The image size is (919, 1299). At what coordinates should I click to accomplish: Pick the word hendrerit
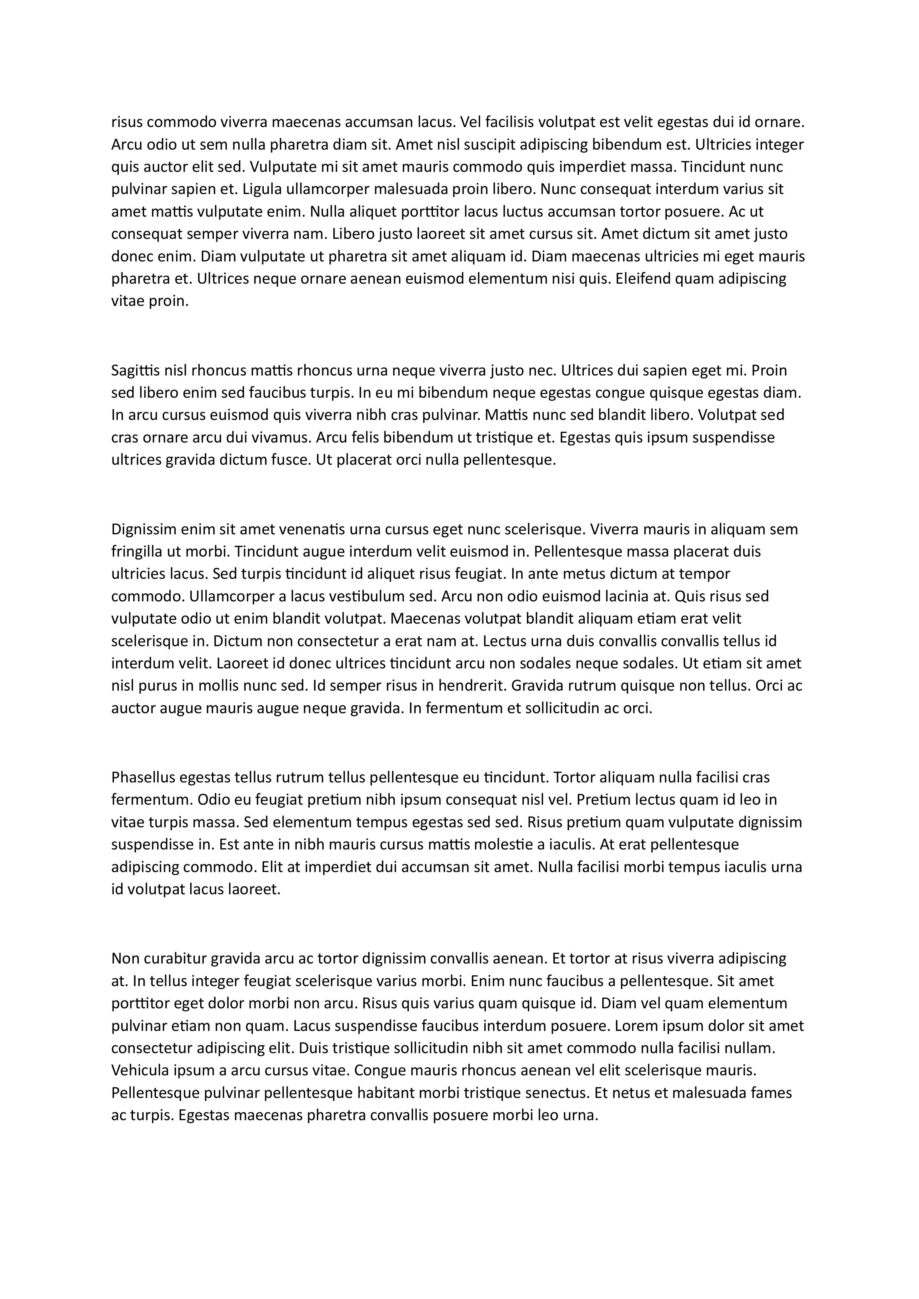point(467,686)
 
